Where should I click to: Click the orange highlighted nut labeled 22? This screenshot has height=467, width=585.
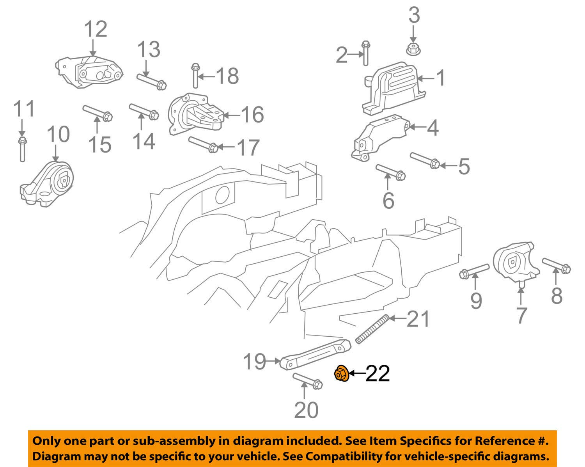(341, 374)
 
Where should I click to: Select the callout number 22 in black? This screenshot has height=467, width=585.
(378, 374)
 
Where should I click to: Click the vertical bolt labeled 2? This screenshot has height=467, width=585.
(365, 53)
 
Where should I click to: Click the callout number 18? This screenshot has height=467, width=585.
(227, 75)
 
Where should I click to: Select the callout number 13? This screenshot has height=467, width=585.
(148, 50)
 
